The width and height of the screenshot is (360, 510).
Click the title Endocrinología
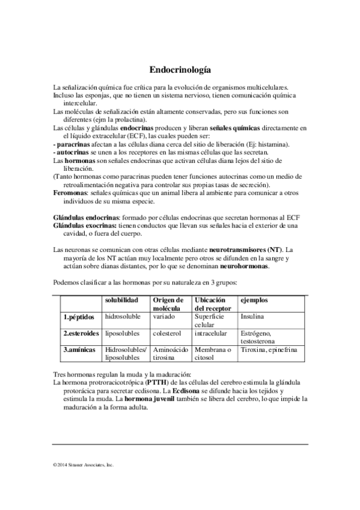pos(180,70)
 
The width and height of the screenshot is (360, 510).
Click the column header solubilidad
pos(122,300)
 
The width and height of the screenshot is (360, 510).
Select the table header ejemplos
pos(254,300)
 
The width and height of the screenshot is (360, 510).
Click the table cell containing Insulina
pos(252,316)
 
